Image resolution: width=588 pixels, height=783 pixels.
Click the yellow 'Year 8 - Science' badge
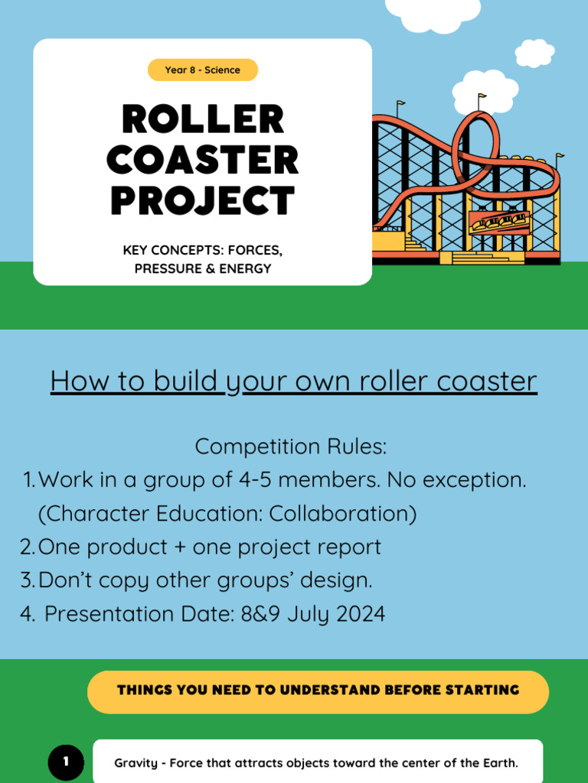tap(203, 70)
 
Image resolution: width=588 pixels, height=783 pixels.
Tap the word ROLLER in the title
tap(203, 120)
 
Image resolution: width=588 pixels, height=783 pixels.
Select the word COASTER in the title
tap(203, 161)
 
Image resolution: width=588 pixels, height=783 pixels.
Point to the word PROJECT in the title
tap(203, 201)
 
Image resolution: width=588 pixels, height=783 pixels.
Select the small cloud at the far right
tap(534, 53)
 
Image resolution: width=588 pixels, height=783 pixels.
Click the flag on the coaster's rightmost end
tap(560, 156)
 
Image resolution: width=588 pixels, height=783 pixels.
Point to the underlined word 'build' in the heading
tap(184, 381)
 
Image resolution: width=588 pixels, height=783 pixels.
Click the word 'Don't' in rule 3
tap(65, 580)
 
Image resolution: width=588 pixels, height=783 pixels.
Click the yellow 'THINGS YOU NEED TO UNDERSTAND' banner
tap(318, 690)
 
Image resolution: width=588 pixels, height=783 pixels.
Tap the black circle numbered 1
tap(66, 762)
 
